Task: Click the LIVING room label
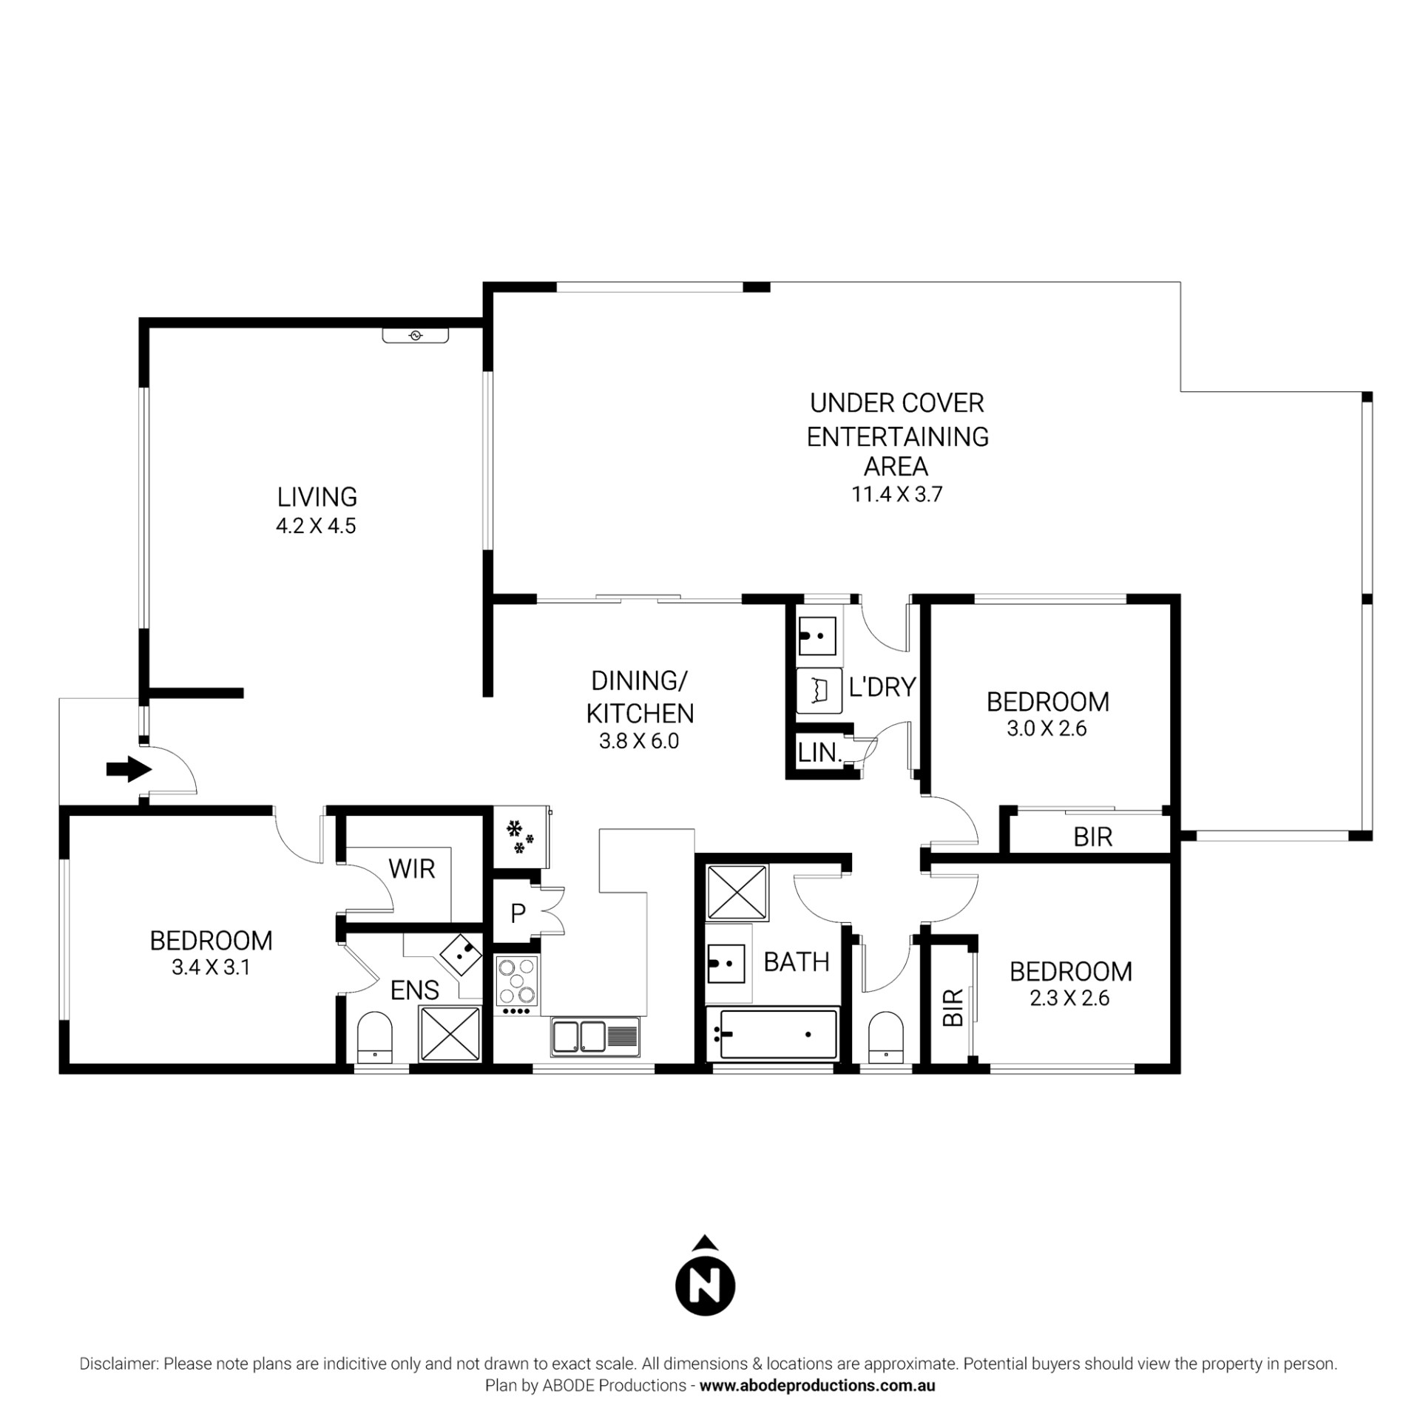[317, 496]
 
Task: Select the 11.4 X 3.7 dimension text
[897, 493]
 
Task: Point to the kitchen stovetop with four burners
[518, 978]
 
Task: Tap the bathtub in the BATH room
[772, 1033]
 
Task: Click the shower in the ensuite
[450, 1034]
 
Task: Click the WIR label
[412, 869]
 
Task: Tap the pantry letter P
[518, 913]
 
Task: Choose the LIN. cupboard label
[820, 754]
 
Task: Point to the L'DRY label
[882, 687]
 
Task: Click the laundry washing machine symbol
[819, 691]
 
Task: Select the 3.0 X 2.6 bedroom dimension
[1047, 728]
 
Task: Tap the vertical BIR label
[954, 1007]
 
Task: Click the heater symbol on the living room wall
[415, 336]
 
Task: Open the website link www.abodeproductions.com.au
[817, 1385]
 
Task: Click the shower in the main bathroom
[737, 892]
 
